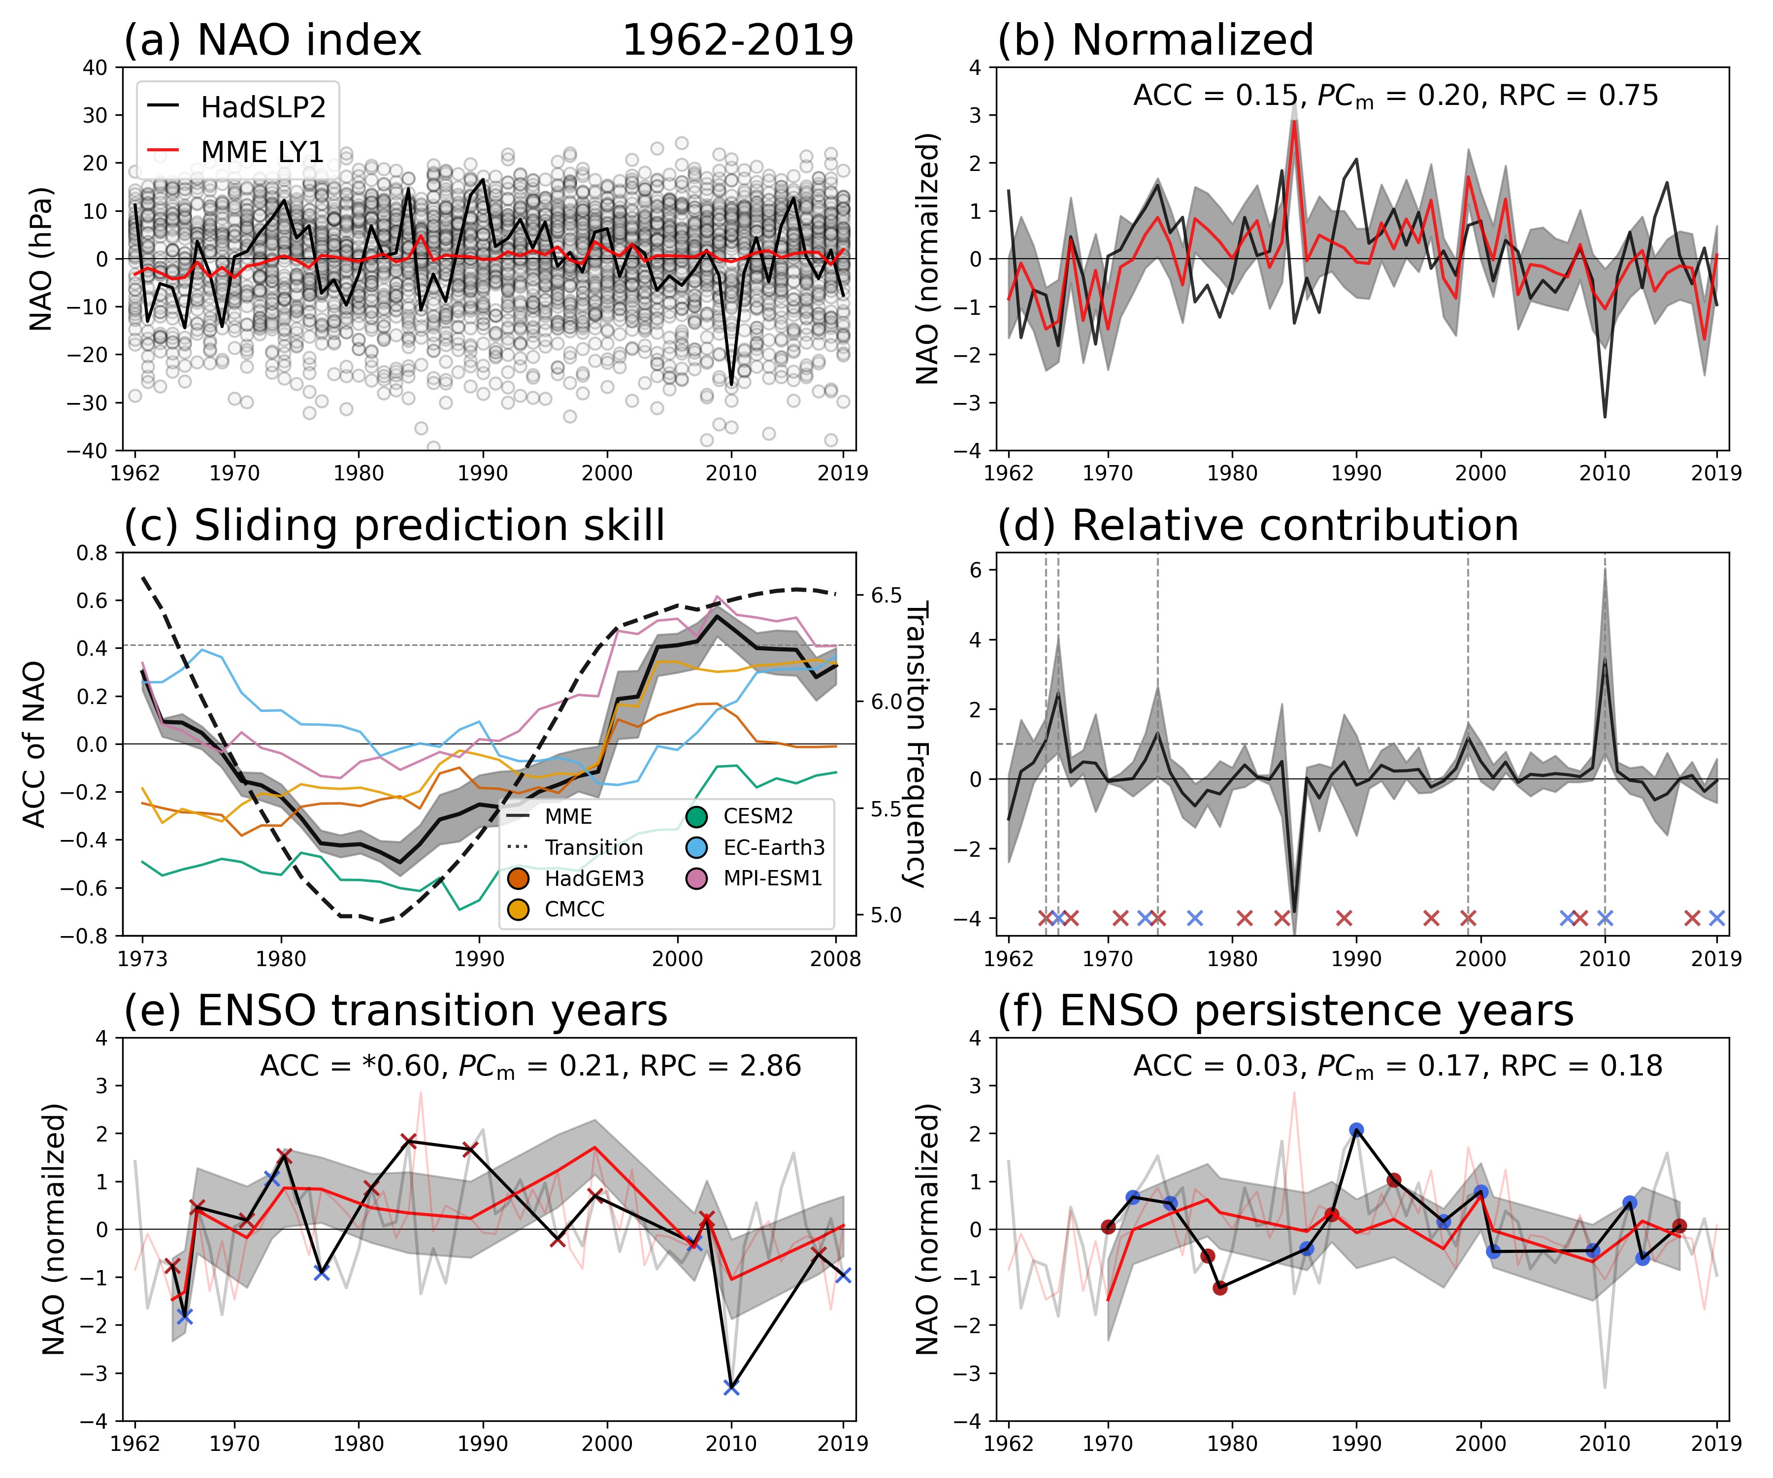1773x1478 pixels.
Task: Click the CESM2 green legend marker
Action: (696, 817)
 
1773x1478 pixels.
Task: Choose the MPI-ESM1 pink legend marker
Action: (696, 878)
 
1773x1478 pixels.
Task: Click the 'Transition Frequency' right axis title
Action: (916, 743)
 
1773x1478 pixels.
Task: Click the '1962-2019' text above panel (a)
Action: (738, 40)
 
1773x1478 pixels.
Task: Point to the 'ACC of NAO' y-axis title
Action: (34, 744)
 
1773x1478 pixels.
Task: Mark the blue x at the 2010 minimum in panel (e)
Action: (731, 1388)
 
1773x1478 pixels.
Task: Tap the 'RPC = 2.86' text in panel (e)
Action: (720, 1067)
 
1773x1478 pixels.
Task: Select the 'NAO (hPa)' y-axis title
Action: (40, 259)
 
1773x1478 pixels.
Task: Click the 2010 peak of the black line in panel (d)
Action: (1604, 661)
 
